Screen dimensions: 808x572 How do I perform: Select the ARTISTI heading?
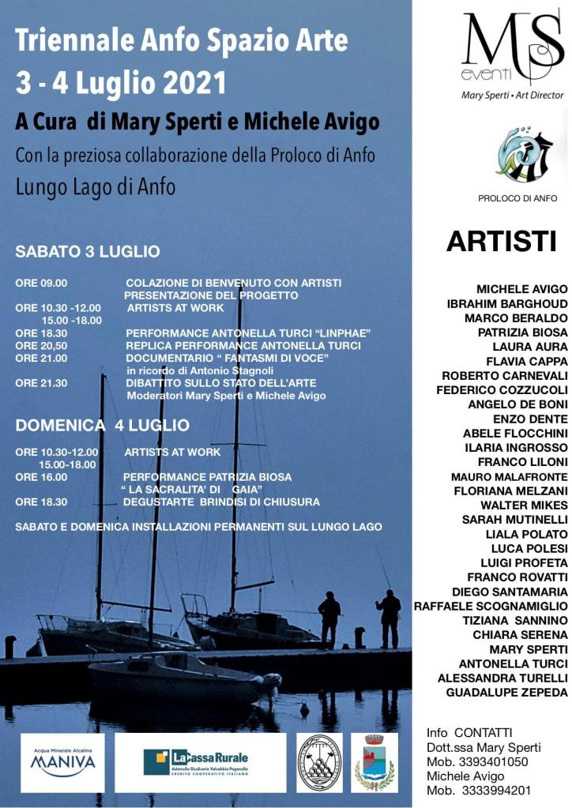501,242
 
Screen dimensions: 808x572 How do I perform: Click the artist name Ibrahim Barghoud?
506,303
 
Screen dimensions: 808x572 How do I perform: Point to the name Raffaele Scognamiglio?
491,606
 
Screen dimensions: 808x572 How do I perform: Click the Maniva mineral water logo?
62,762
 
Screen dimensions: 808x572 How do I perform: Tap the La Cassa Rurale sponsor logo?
200,762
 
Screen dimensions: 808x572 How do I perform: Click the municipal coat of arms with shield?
374,762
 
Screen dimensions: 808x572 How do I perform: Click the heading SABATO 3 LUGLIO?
88,252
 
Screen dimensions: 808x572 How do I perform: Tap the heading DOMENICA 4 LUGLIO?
102,426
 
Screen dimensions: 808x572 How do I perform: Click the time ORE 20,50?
41,346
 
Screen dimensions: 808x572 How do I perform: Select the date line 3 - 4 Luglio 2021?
121,82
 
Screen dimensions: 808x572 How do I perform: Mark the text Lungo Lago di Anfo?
96,187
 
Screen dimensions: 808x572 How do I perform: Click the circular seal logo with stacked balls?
319,762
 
